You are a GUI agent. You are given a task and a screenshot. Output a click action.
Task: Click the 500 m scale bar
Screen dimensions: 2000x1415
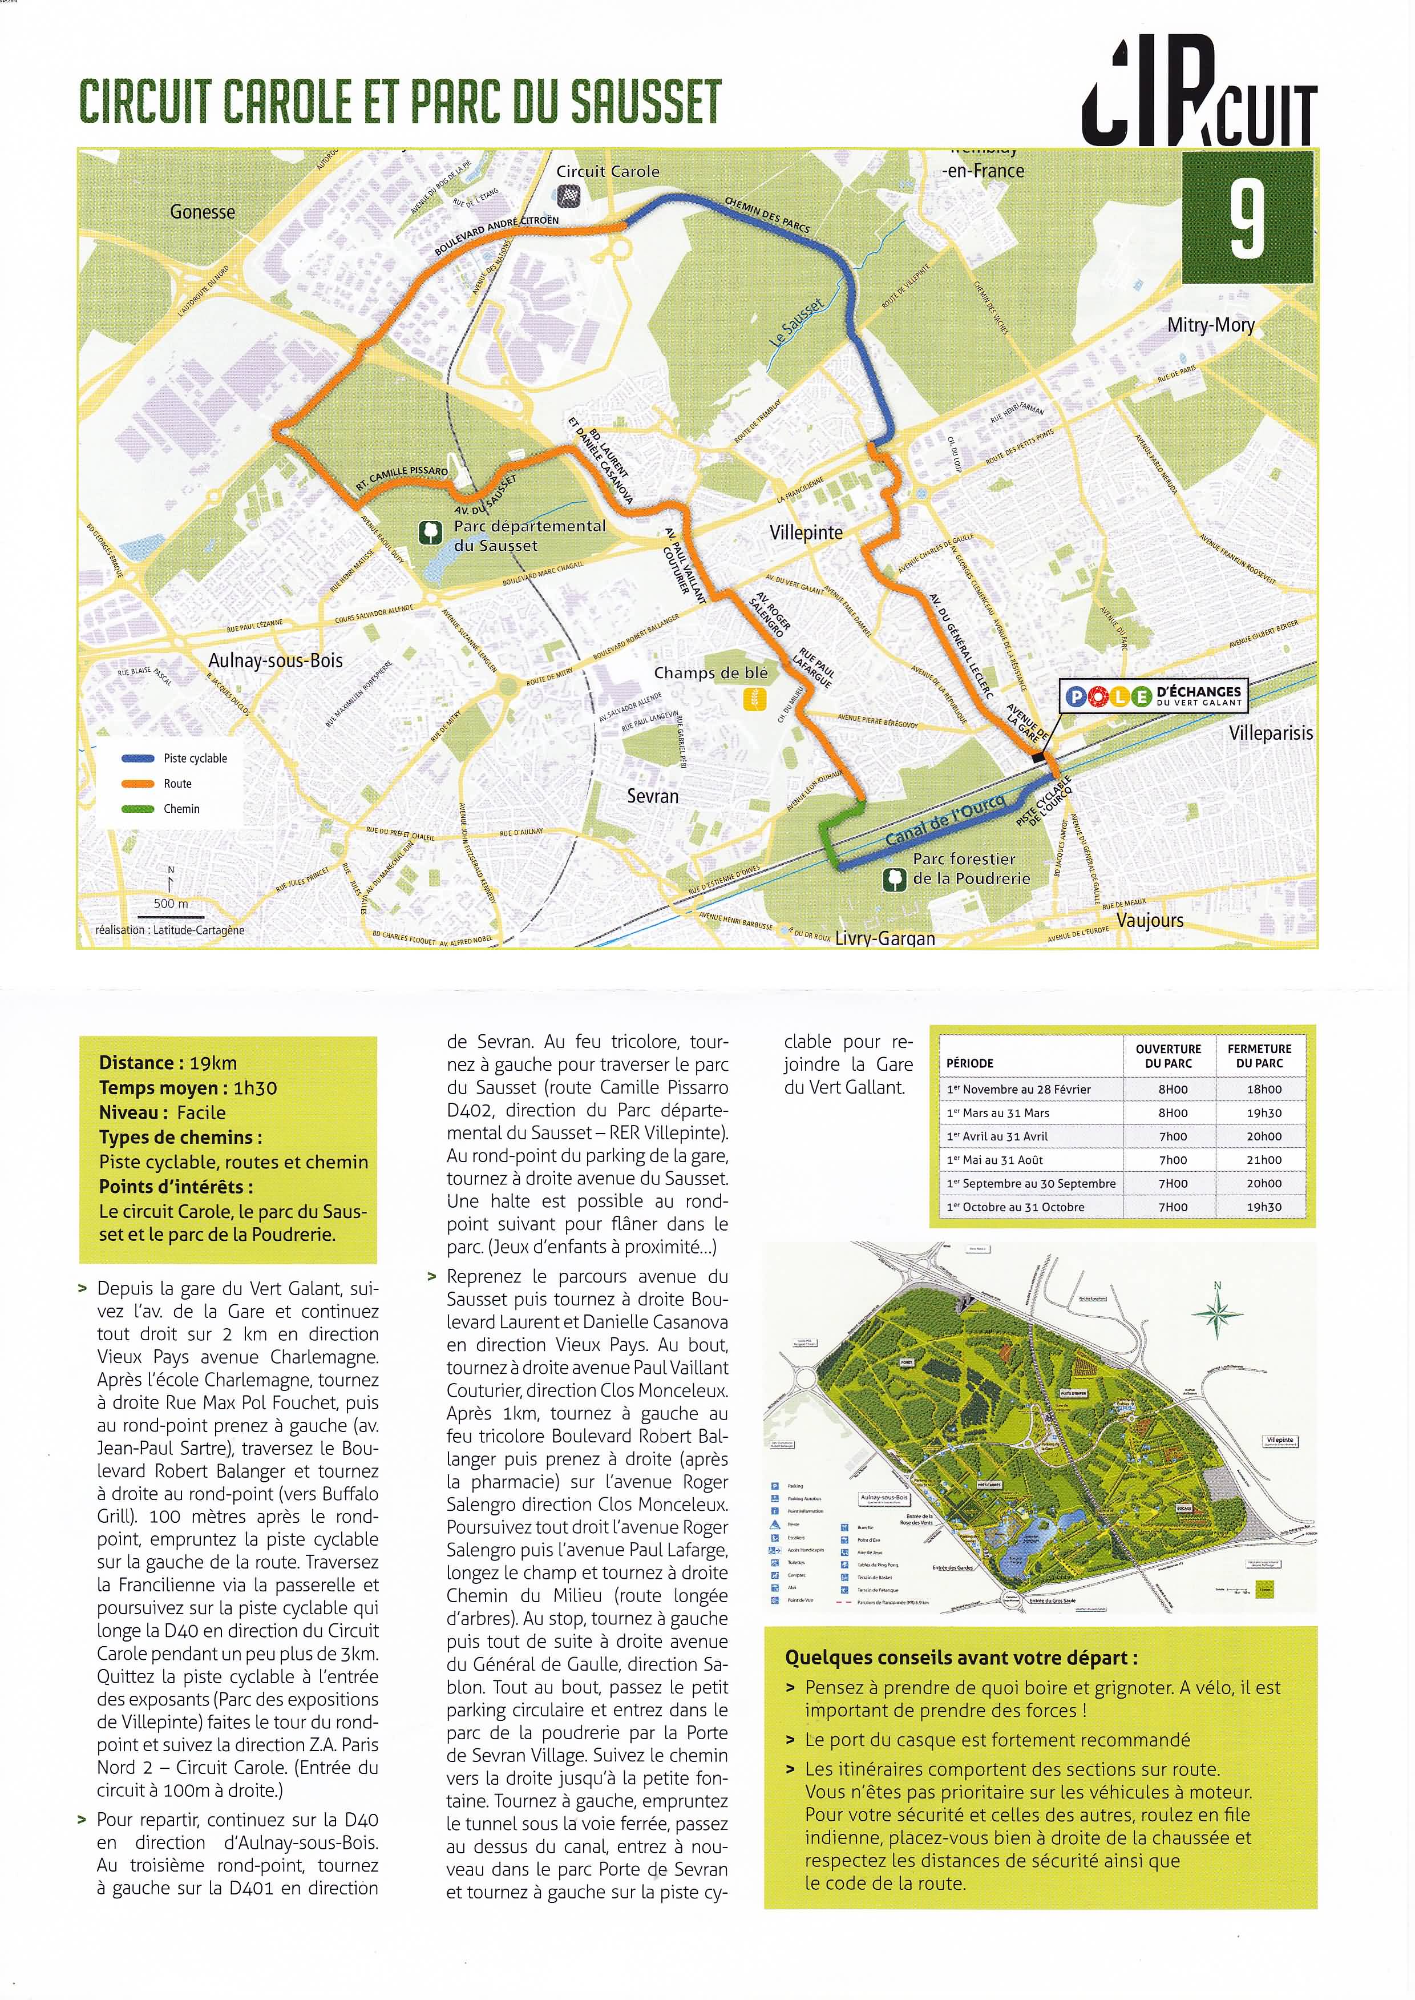click(171, 917)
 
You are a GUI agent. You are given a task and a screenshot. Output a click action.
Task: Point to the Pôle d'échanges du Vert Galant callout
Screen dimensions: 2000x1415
click(1154, 695)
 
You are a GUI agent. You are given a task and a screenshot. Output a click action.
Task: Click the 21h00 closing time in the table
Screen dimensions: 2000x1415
click(1263, 1160)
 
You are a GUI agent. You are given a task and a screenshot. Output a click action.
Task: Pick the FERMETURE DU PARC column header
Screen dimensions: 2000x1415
click(1259, 1055)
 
